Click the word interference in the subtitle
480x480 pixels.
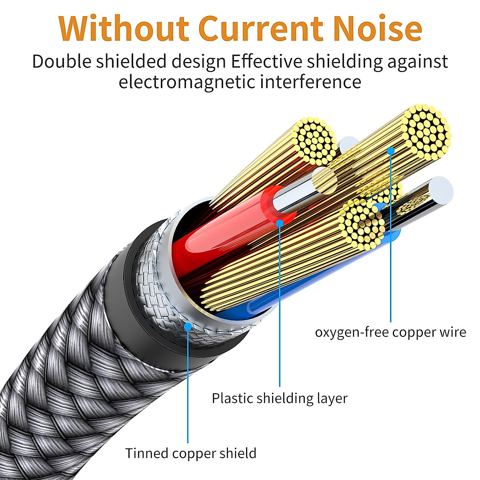[x=311, y=82]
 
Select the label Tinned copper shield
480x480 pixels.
[x=190, y=453]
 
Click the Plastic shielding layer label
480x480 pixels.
[x=279, y=398]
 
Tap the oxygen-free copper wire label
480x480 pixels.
[x=390, y=332]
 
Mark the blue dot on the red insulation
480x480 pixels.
[x=280, y=222]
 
